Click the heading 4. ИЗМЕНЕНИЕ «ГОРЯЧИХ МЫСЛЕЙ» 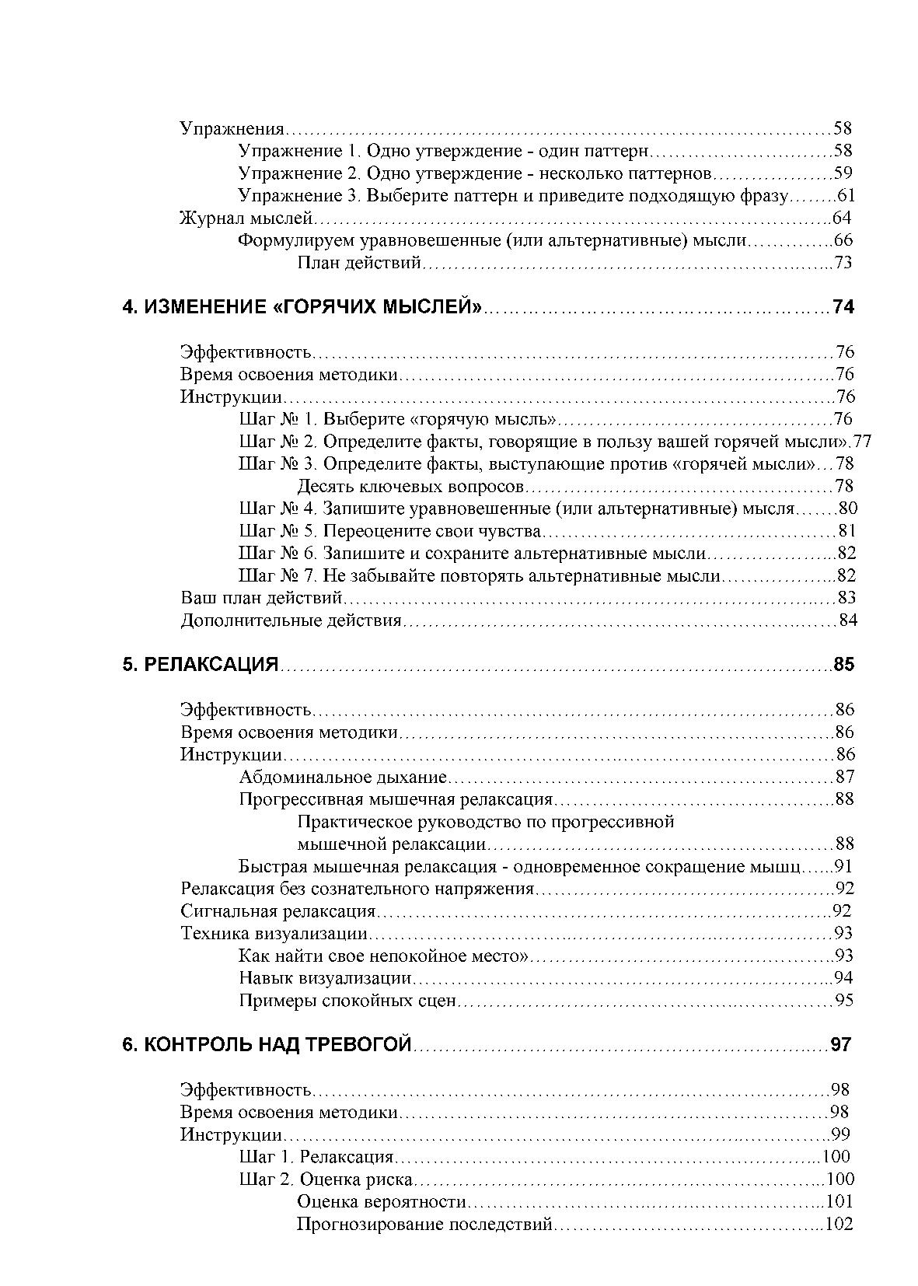point(302,307)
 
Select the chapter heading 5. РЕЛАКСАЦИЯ point(200,665)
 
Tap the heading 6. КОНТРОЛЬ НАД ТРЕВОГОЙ point(266,1045)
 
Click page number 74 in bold point(843,307)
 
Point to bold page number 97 point(841,1045)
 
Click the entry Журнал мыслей point(246,218)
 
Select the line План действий point(359,263)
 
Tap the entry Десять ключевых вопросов point(411,487)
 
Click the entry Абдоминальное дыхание point(343,778)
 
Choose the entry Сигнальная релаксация point(278,911)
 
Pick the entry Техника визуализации point(274,934)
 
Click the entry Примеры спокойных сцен point(347,1001)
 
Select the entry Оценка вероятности point(382,1202)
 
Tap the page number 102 point(838,1225)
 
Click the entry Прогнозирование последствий point(424,1225)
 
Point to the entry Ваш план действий point(262,598)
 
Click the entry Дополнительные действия point(291,620)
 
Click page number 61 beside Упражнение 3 point(846,195)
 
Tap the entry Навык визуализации point(325,978)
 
